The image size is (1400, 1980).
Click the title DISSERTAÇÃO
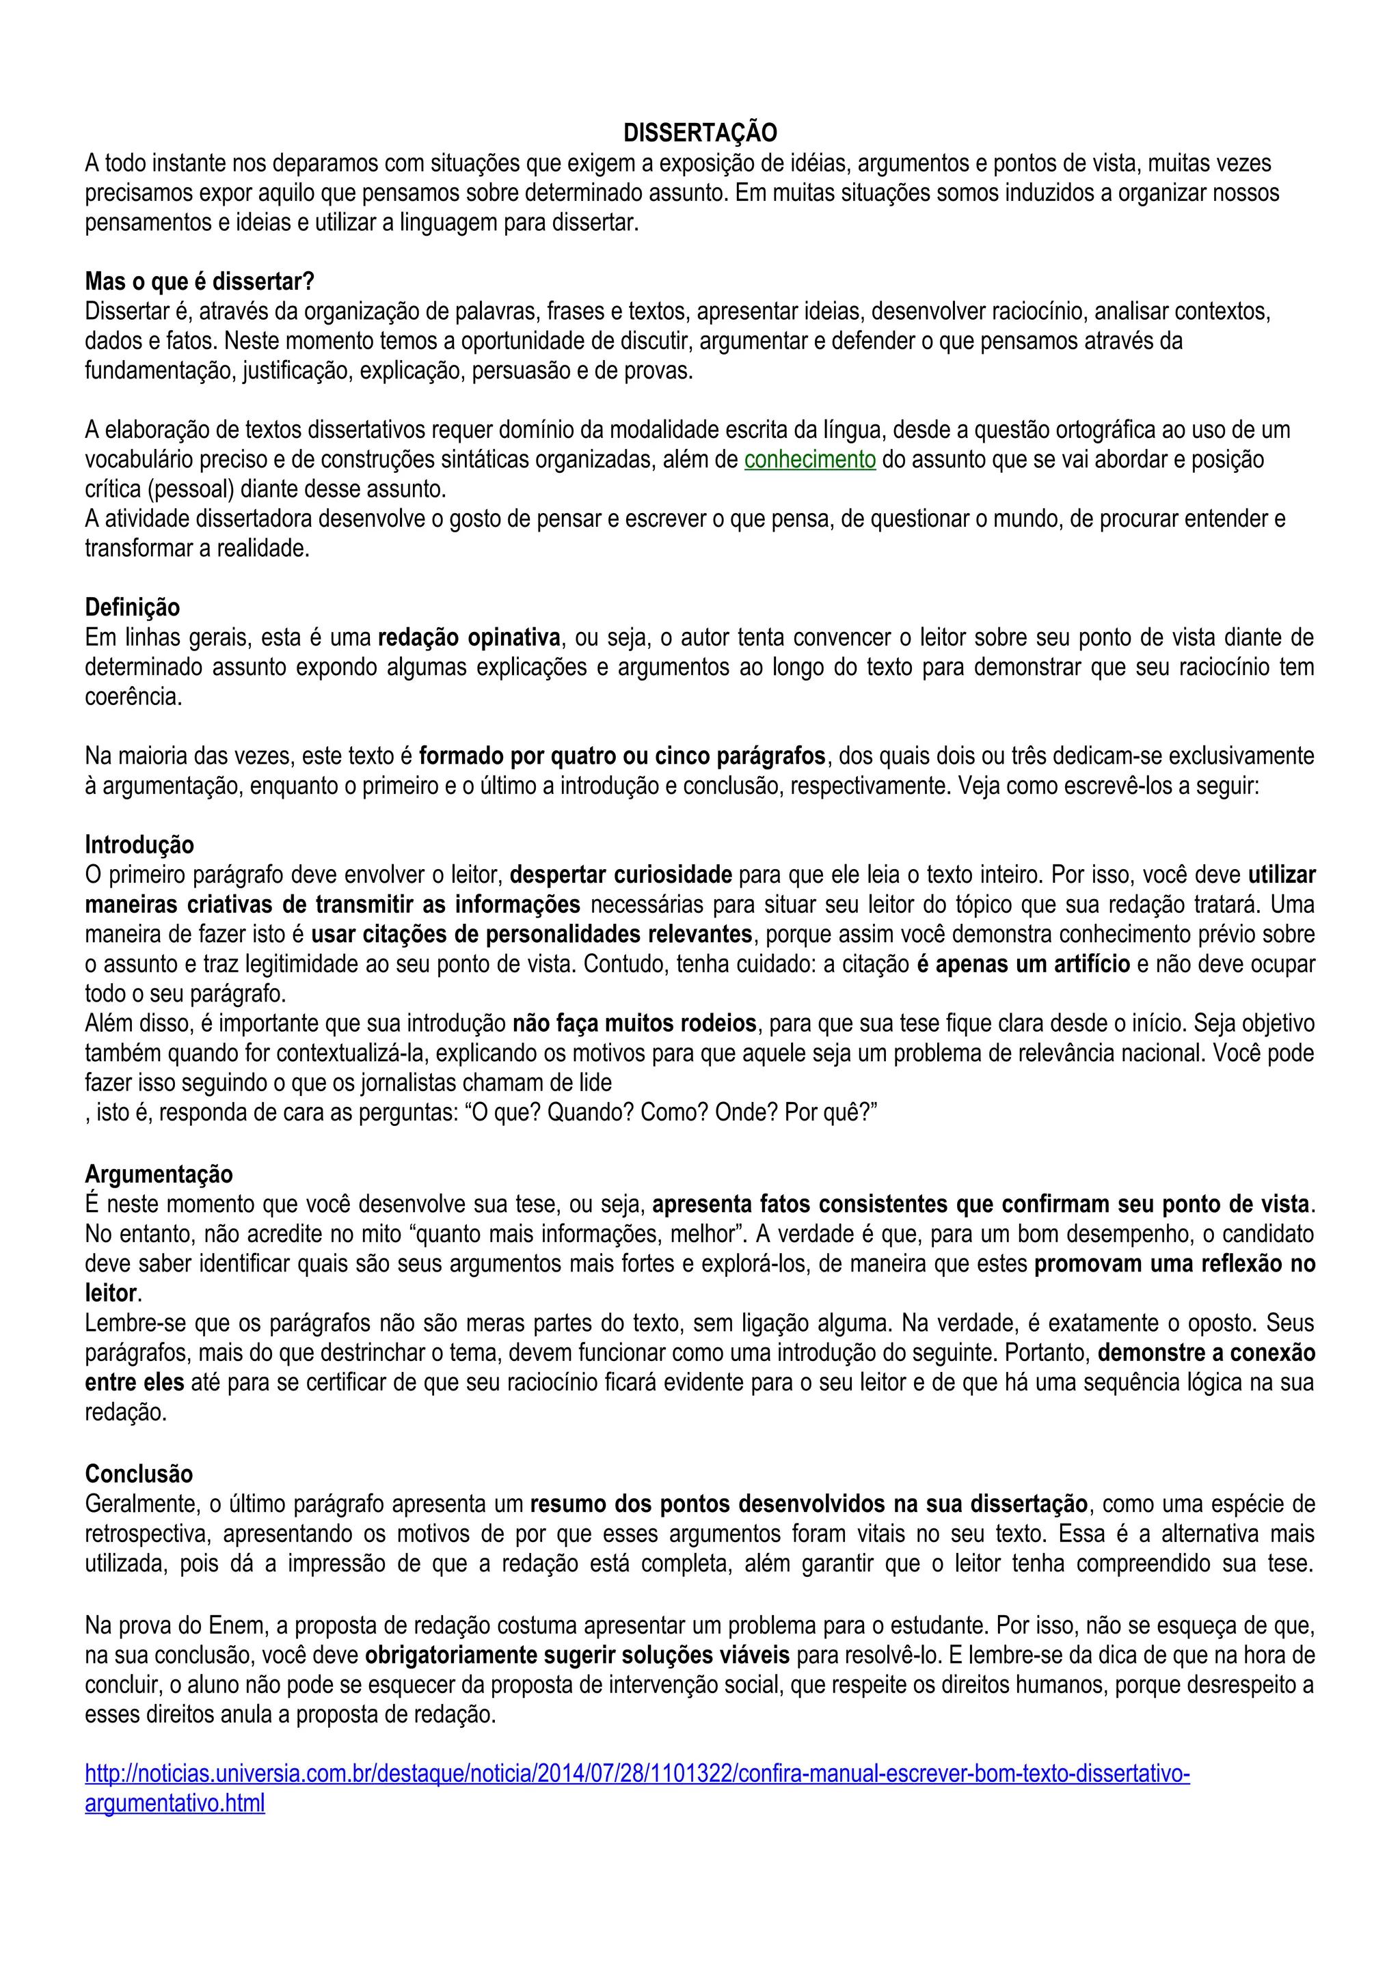pyautogui.click(x=699, y=133)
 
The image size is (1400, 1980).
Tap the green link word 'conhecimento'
pyautogui.click(x=809, y=460)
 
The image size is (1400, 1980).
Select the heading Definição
pyautogui.click(x=132, y=608)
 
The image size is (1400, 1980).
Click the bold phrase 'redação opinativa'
pyautogui.click(x=469, y=638)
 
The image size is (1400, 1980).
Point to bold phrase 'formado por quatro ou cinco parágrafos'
pyautogui.click(x=622, y=756)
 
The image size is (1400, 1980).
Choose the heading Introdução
pyautogui.click(x=139, y=845)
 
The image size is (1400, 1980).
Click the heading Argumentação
pyautogui.click(x=159, y=1174)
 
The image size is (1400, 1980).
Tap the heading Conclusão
pyautogui.click(x=139, y=1473)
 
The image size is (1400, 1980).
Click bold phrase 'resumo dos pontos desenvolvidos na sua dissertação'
pyautogui.click(x=808, y=1504)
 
